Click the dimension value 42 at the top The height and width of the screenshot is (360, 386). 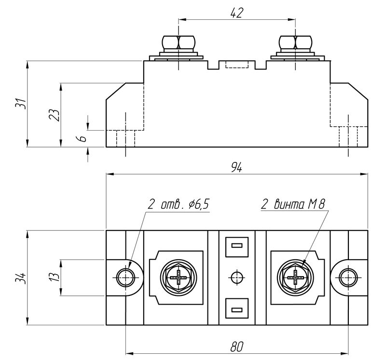click(x=236, y=13)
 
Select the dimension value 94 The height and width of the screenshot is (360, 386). click(x=236, y=168)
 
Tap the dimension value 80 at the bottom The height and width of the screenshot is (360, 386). click(x=236, y=347)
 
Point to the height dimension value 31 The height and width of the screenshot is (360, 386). click(x=20, y=104)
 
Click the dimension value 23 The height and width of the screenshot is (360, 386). click(x=55, y=115)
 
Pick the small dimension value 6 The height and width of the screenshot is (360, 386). click(x=82, y=138)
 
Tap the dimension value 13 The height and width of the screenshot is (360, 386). click(x=55, y=277)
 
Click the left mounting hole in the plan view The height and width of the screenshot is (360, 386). click(x=126, y=277)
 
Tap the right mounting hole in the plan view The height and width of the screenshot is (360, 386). click(x=347, y=277)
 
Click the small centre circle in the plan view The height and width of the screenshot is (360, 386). click(x=236, y=278)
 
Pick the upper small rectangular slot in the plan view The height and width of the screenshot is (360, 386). click(x=236, y=246)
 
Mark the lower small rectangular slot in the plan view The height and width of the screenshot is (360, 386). click(x=236, y=309)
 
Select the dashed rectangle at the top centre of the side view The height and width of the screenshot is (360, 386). click(x=236, y=65)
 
